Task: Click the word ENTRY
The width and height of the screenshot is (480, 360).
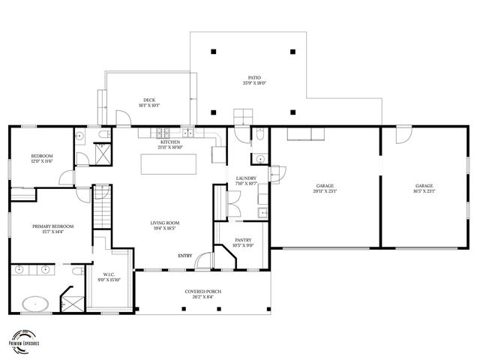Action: (x=184, y=256)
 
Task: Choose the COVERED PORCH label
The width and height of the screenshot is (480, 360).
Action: (x=202, y=293)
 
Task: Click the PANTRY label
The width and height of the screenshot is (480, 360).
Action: (x=242, y=242)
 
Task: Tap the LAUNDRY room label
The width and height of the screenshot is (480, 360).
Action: (x=247, y=180)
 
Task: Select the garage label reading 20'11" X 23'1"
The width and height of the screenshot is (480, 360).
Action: (x=325, y=188)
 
